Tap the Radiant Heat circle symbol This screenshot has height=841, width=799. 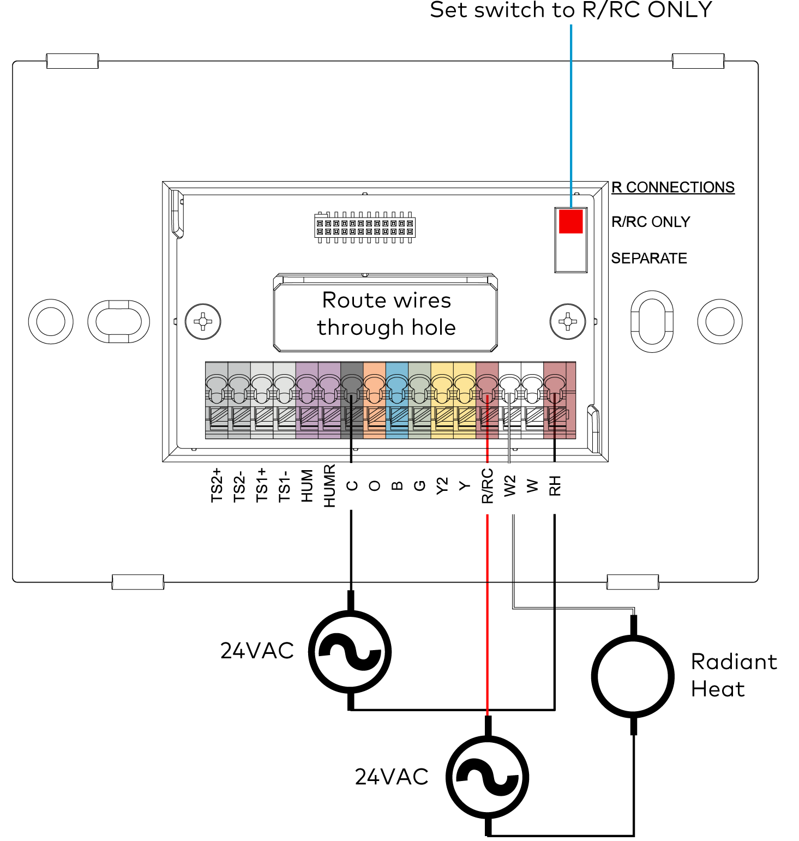[633, 676]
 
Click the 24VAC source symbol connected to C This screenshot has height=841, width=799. [350, 651]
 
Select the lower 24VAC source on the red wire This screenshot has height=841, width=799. [488, 777]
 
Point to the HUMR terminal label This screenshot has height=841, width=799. [329, 485]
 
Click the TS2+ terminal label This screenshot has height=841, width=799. [217, 485]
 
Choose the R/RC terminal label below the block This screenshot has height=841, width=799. [487, 485]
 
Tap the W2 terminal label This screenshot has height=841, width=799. [510, 485]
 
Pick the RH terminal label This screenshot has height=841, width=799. [555, 485]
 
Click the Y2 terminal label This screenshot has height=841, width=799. [442, 485]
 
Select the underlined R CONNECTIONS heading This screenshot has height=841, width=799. [672, 187]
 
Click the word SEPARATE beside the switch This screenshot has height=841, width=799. [649, 258]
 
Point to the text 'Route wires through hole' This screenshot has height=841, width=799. [386, 314]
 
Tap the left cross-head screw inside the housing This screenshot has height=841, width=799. [203, 321]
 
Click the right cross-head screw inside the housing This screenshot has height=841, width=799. [568, 321]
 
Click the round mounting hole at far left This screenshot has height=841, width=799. [51, 321]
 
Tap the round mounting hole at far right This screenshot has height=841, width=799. [719, 321]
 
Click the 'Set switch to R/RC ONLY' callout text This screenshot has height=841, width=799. [570, 10]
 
